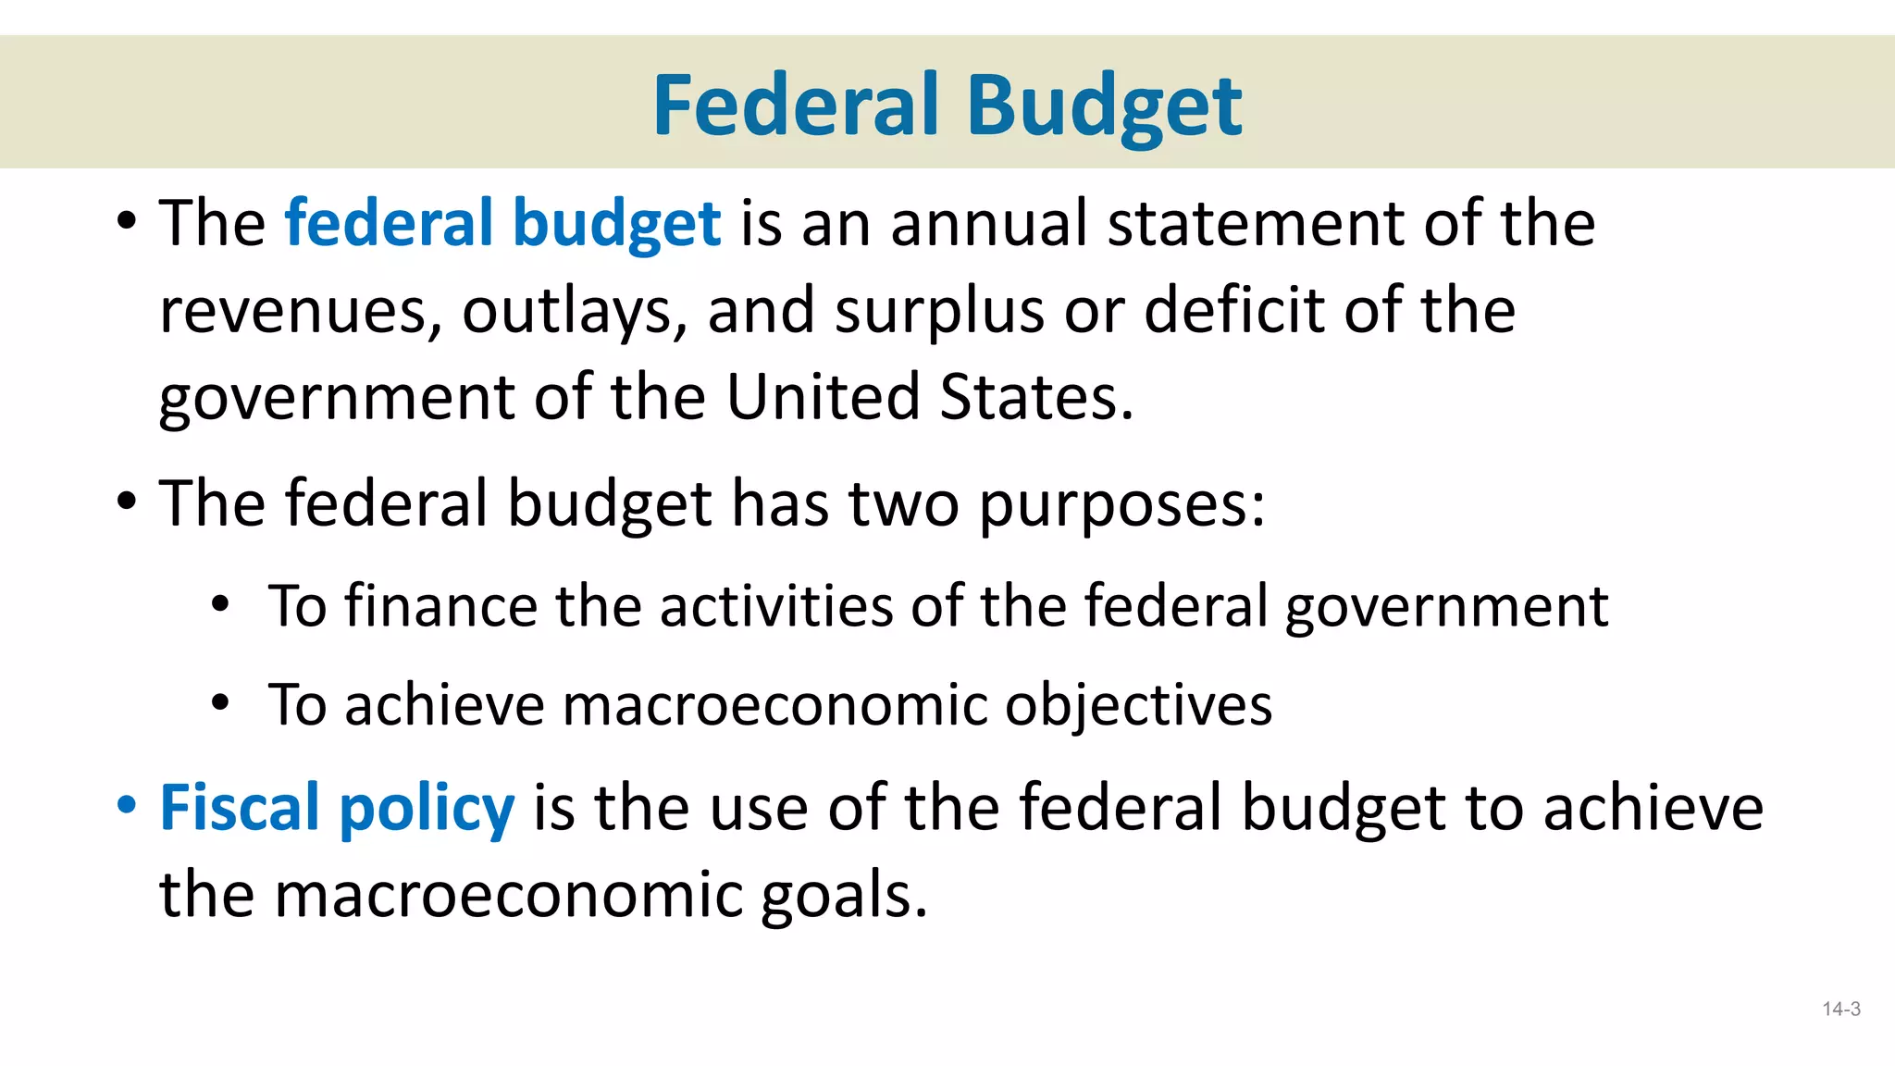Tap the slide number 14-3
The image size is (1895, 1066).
click(1841, 1010)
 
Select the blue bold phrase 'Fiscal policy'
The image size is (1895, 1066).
click(337, 808)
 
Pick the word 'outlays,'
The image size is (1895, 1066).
click(575, 311)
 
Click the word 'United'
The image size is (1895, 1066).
click(823, 397)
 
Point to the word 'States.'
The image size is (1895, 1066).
click(1036, 397)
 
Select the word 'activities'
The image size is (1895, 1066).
click(776, 606)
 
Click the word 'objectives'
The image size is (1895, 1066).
click(1138, 706)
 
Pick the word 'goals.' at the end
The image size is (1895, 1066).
click(843, 895)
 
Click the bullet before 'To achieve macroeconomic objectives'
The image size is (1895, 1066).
click(219, 702)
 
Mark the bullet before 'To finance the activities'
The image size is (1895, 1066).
click(219, 604)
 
